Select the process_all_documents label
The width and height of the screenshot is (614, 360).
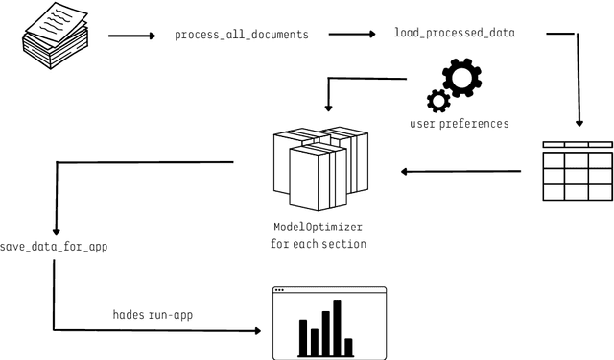[x=242, y=35]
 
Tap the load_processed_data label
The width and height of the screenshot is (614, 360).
[x=455, y=33]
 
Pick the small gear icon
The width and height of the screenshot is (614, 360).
[x=438, y=100]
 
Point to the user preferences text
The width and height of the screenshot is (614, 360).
[x=460, y=123]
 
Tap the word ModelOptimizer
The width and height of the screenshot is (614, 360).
[x=319, y=228]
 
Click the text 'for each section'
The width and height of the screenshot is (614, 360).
[x=319, y=244]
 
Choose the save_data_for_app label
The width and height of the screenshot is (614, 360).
[x=54, y=247]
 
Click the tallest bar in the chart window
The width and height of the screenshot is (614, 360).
[x=337, y=327]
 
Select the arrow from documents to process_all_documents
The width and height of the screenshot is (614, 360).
[x=131, y=36]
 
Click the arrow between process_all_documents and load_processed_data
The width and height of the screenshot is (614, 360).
[x=352, y=36]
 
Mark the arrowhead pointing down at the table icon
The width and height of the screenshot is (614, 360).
[x=579, y=124]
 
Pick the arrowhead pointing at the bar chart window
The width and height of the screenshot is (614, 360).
[x=257, y=331]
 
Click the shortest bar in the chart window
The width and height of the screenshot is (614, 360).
[x=349, y=346]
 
